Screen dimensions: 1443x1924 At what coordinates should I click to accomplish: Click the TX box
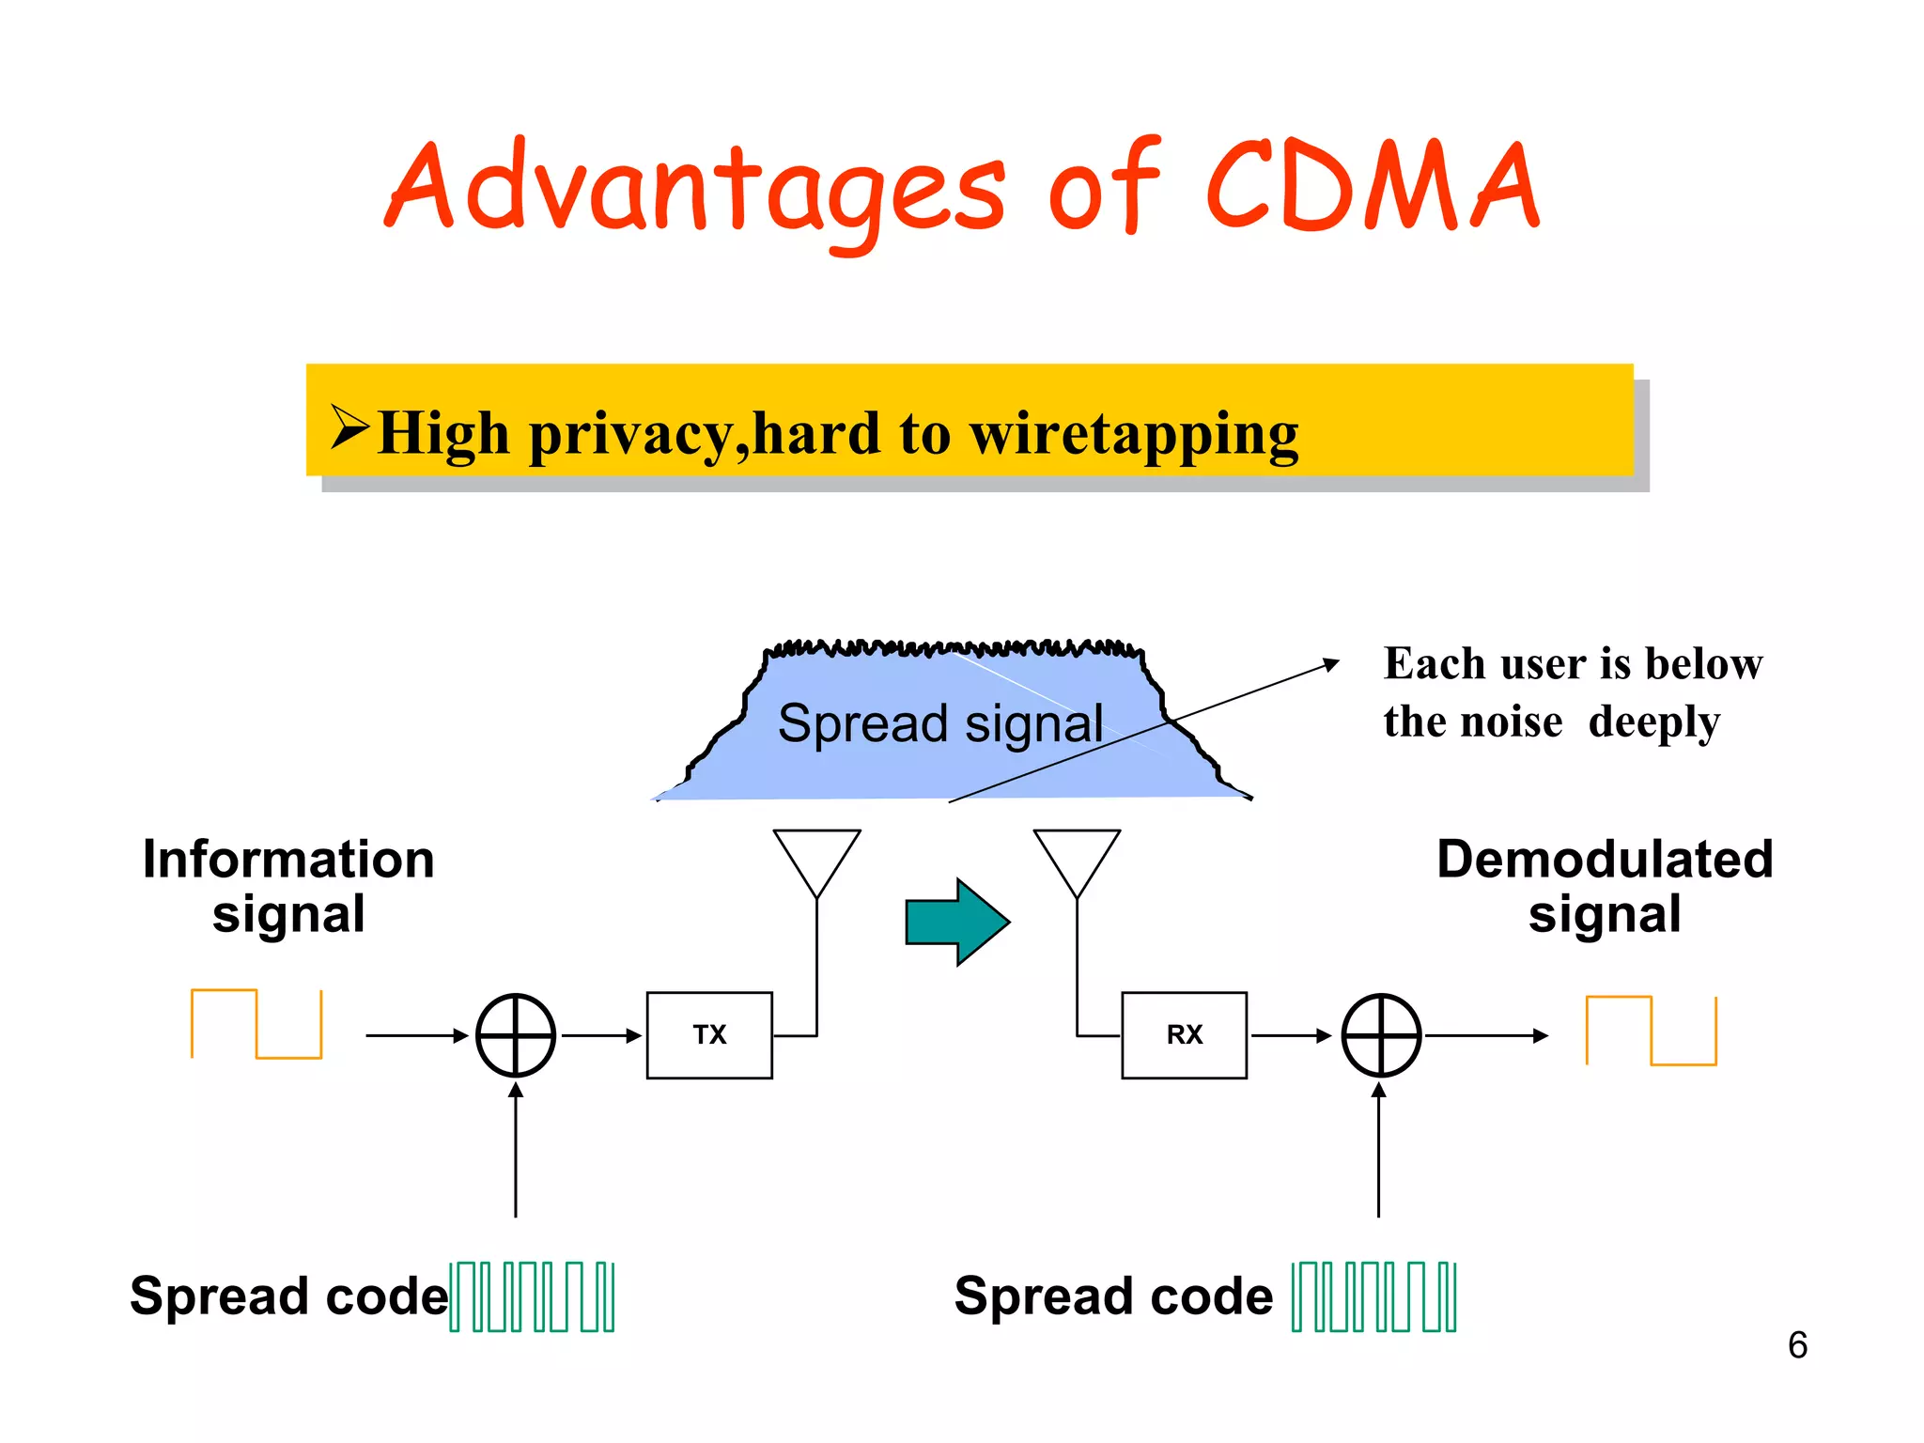[x=709, y=1035]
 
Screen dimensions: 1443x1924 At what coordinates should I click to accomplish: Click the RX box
[x=1184, y=1035]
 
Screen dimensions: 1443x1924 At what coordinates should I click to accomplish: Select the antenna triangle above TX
[x=816, y=857]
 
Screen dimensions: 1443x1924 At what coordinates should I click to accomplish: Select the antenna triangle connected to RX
[x=1077, y=857]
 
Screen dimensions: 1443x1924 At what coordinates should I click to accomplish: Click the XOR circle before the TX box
[x=516, y=1035]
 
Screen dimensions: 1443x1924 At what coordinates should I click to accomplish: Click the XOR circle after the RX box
[x=1381, y=1035]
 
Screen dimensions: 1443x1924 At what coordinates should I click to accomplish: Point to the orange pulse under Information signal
[x=256, y=1024]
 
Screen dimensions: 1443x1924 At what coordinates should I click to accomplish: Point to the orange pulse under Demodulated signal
[x=1651, y=1031]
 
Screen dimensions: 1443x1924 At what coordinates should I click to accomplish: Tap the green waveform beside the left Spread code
[x=532, y=1297]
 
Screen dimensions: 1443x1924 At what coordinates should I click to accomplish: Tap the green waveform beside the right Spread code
[x=1373, y=1297]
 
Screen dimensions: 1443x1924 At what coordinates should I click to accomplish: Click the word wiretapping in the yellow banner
[x=1133, y=435]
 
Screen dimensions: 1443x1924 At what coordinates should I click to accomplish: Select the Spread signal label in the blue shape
[x=939, y=724]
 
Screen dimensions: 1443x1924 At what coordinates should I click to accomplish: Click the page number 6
[x=1797, y=1345]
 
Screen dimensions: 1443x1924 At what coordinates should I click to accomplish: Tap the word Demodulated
[x=1605, y=860]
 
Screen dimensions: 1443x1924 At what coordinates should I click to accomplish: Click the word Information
[x=288, y=860]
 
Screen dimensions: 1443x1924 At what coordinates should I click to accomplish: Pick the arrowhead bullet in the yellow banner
[x=349, y=427]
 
